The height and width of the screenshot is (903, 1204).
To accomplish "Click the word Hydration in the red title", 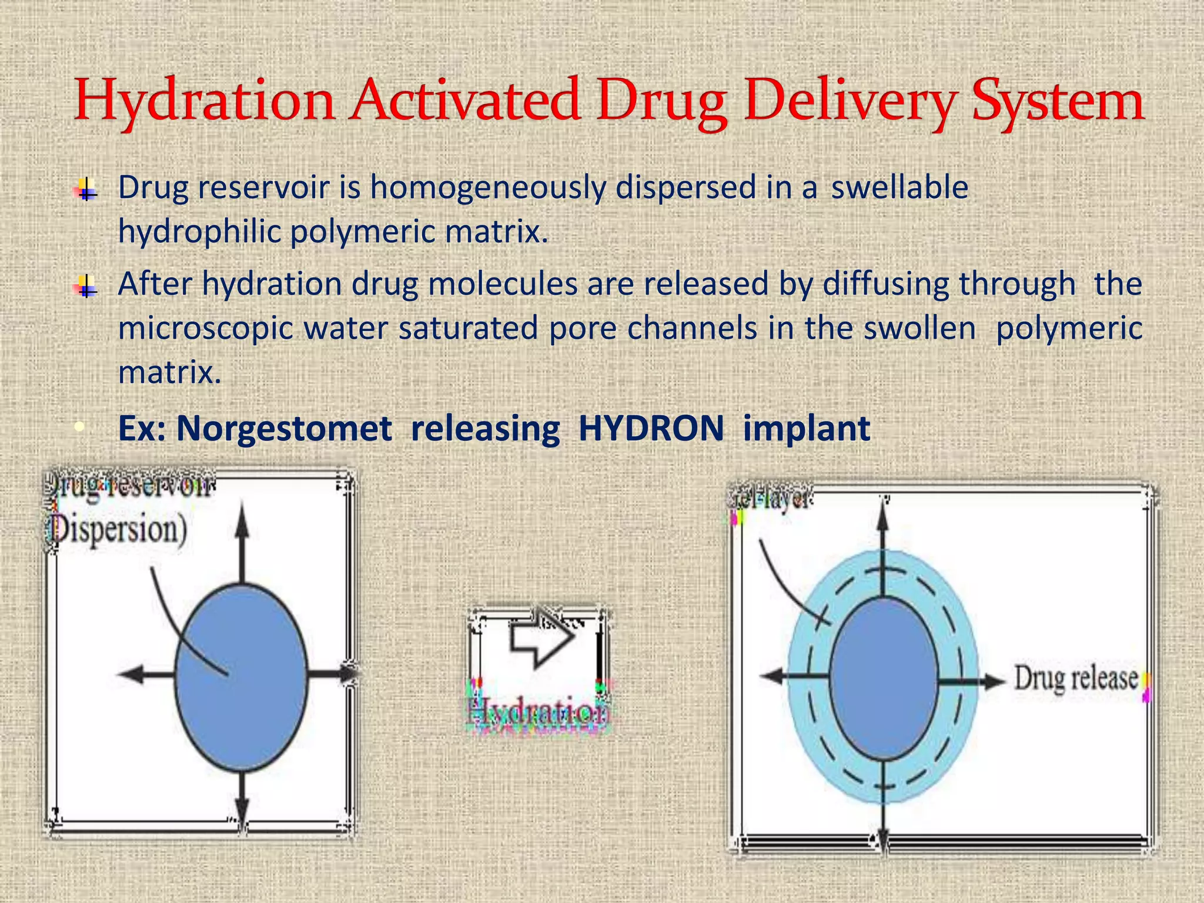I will [x=205, y=101].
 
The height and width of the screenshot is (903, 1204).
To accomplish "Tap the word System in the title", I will [x=1057, y=101].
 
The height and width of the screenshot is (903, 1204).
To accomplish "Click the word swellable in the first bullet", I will [x=899, y=188].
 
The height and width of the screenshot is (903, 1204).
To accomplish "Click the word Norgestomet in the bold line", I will [x=284, y=429].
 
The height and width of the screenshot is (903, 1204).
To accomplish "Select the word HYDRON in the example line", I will [x=651, y=429].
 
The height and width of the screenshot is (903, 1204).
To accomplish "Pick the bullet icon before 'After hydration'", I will [x=86, y=286].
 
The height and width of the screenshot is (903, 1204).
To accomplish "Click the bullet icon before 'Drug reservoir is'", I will [x=86, y=189].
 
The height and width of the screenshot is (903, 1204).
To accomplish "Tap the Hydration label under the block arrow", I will [x=538, y=713].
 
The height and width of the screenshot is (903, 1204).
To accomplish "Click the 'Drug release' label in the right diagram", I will [x=1076, y=679].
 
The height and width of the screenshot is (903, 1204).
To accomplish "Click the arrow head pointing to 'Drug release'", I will [x=995, y=681].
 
